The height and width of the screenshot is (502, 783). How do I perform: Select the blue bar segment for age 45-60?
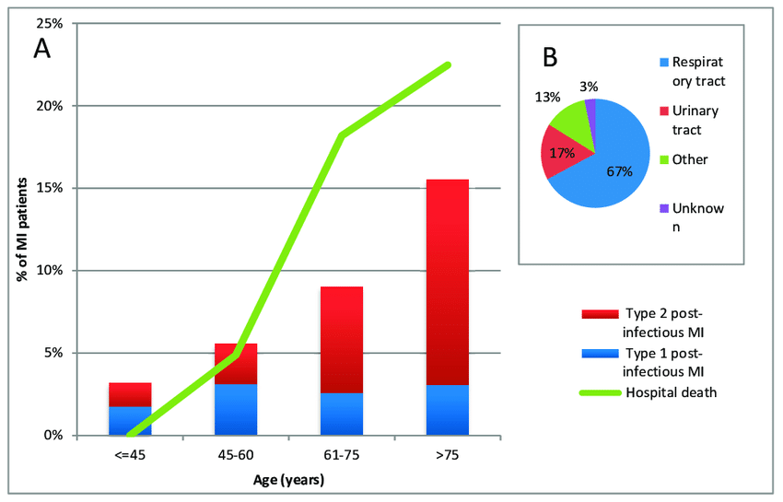(x=236, y=409)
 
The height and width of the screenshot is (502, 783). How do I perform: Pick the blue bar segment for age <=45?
(x=130, y=420)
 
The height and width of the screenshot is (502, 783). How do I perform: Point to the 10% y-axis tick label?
(x=50, y=271)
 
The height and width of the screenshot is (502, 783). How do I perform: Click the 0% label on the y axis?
(x=53, y=436)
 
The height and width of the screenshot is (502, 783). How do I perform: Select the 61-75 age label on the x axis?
(x=341, y=455)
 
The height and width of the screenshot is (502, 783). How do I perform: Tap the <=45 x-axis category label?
(x=130, y=455)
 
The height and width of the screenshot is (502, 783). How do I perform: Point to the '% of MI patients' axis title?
(x=22, y=230)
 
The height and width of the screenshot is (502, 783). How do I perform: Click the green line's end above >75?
(x=448, y=64)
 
